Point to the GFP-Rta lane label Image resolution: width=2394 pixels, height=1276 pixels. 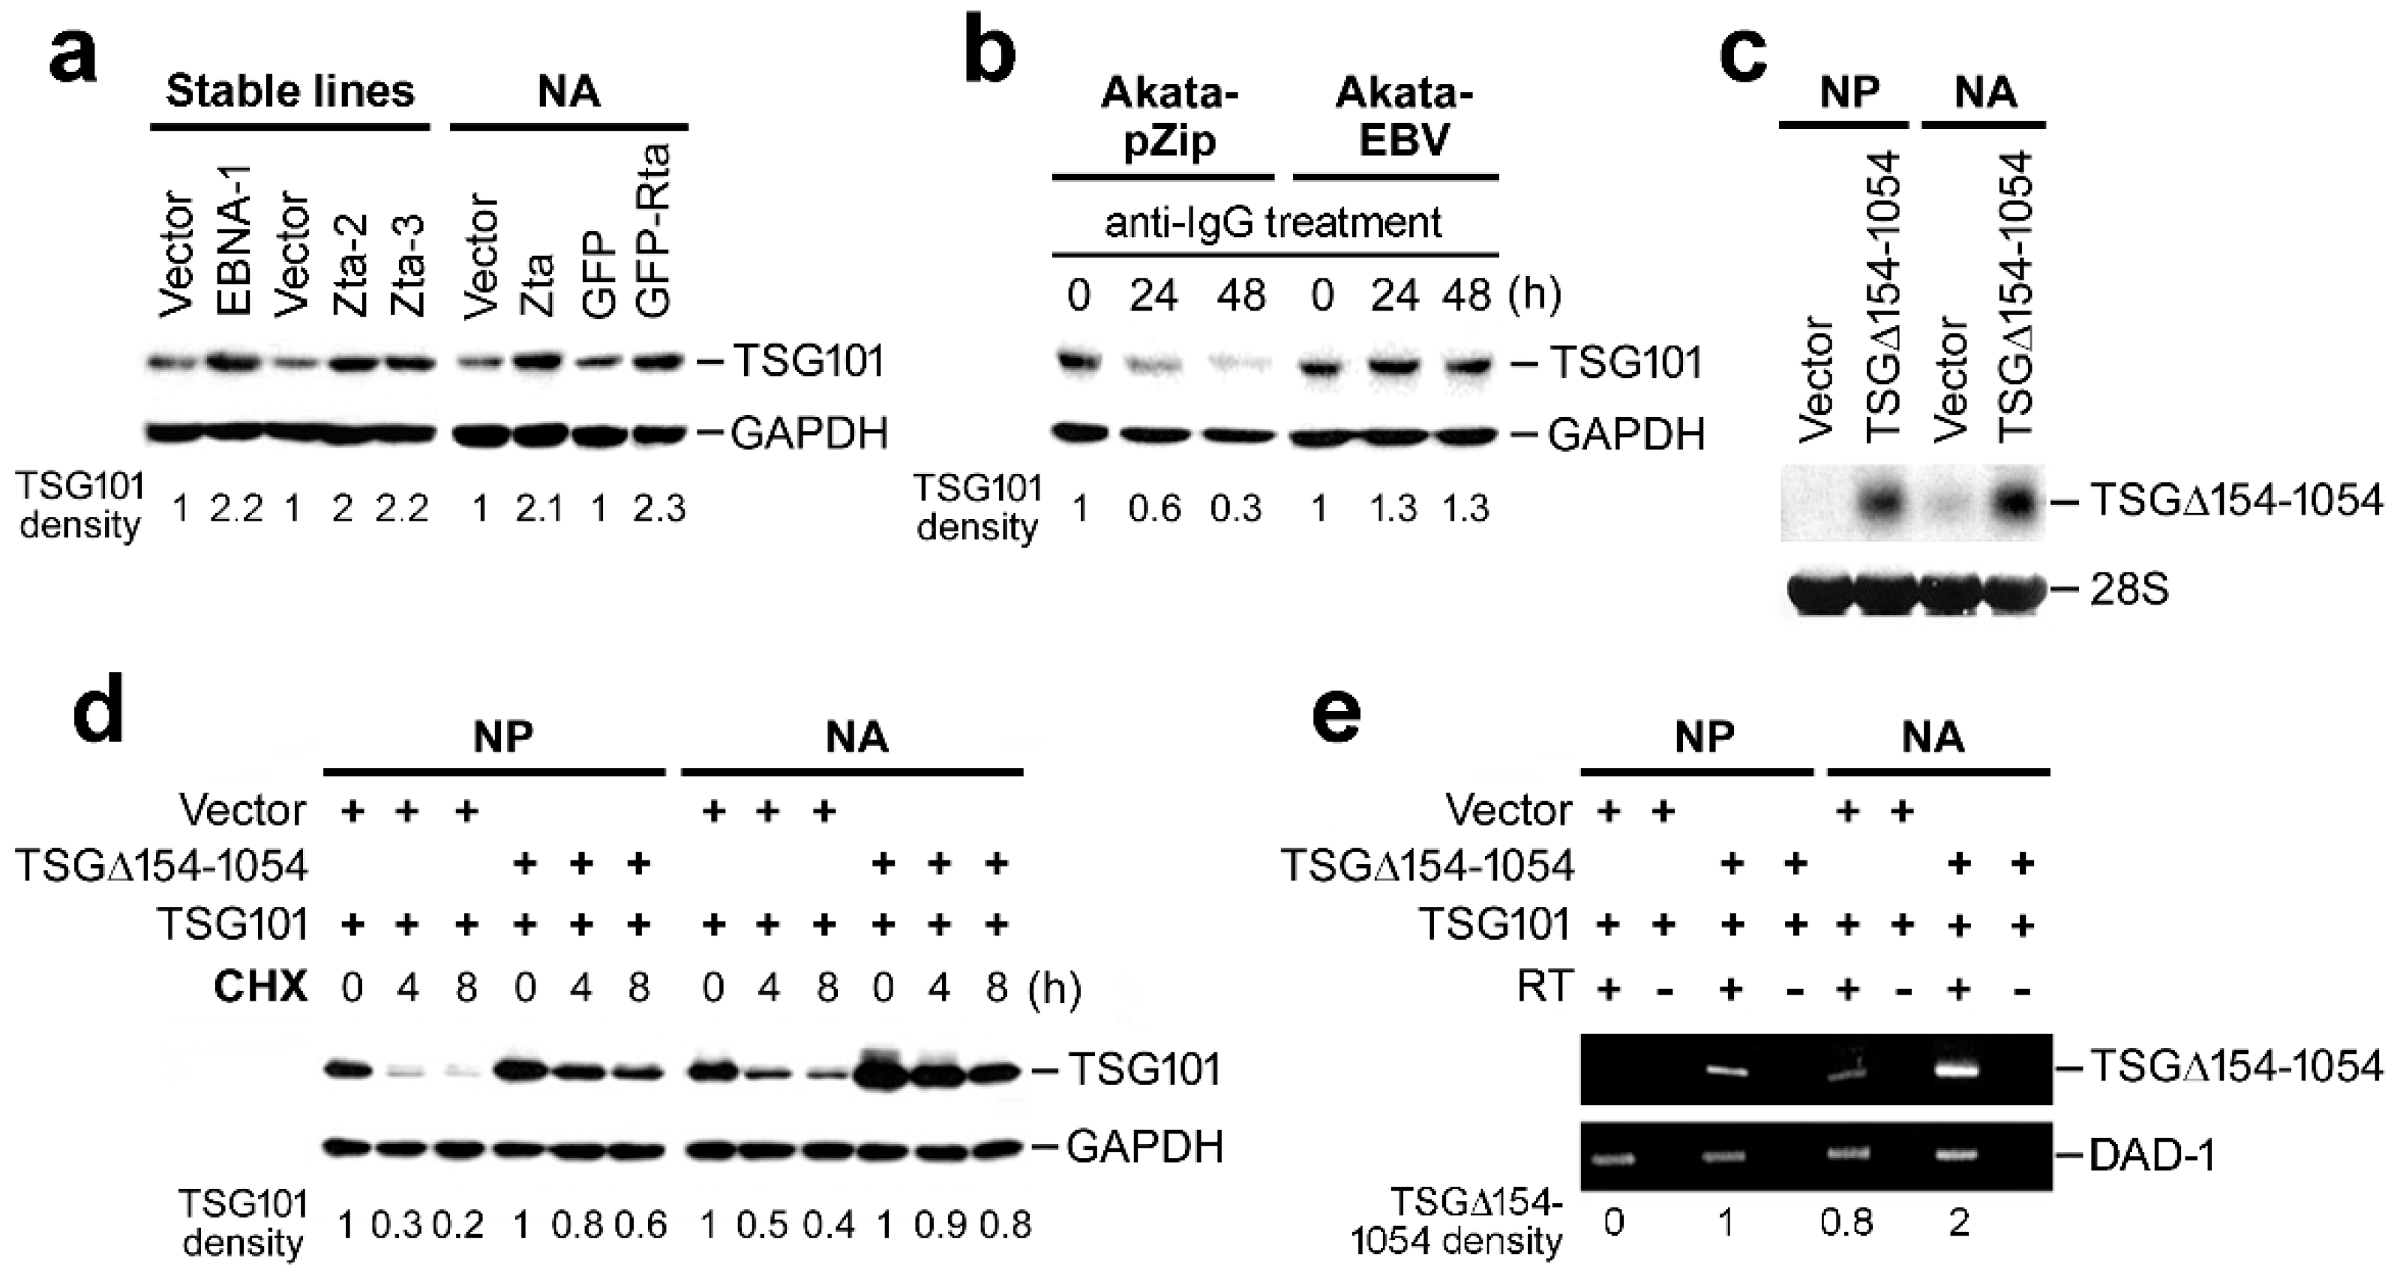(x=655, y=233)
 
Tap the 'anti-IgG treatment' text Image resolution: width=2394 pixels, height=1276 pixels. (x=1273, y=223)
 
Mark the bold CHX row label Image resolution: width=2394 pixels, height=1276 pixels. (x=259, y=987)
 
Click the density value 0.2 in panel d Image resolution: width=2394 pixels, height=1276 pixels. (x=457, y=1225)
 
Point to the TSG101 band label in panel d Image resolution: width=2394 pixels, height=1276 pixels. (x=1143, y=1070)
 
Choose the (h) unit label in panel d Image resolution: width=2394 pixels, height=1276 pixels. (x=1054, y=989)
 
